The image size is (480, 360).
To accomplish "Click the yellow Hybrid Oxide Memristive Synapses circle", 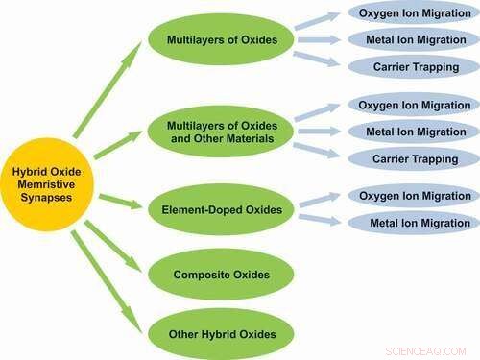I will (x=43, y=183).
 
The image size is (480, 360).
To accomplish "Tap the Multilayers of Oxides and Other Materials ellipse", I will (x=219, y=131).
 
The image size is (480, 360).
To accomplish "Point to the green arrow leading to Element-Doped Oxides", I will (x=119, y=201).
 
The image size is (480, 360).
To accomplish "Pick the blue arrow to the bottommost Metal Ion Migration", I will (x=318, y=218).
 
